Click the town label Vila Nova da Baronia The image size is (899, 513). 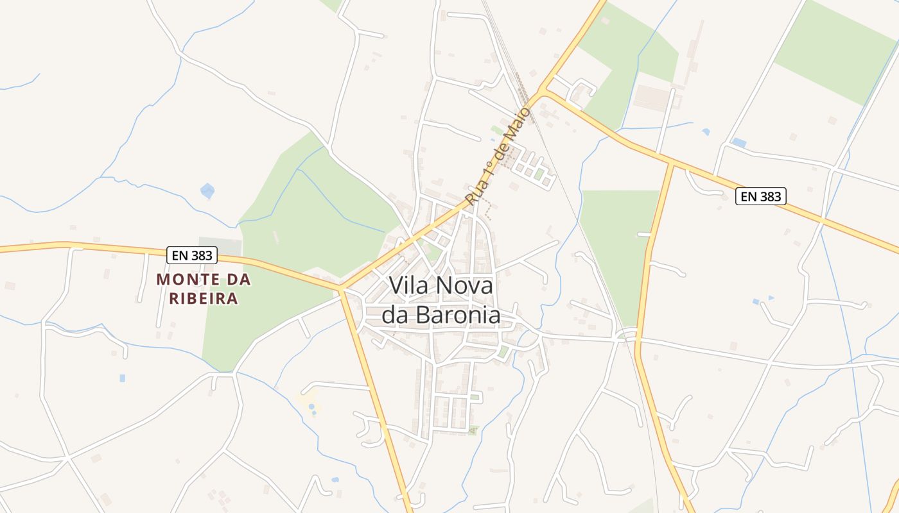tap(441, 300)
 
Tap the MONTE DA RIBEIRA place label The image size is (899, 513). tap(204, 289)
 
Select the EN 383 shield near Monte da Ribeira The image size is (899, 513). tap(192, 255)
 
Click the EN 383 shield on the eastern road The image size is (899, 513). tap(761, 196)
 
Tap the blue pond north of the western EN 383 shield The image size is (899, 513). tap(207, 190)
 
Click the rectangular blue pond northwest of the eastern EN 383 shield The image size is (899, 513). tap(738, 142)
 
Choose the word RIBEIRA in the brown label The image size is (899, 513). tap(204, 299)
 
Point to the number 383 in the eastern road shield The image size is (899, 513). tap(770, 196)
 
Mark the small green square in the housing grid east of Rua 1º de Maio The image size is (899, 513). tap(539, 173)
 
